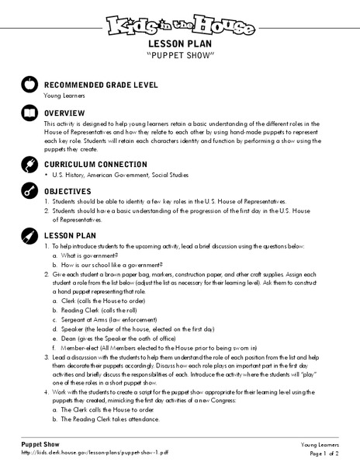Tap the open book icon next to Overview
[30, 113]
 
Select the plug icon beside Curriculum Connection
[30, 165]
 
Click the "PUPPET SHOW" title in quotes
[179, 57]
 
